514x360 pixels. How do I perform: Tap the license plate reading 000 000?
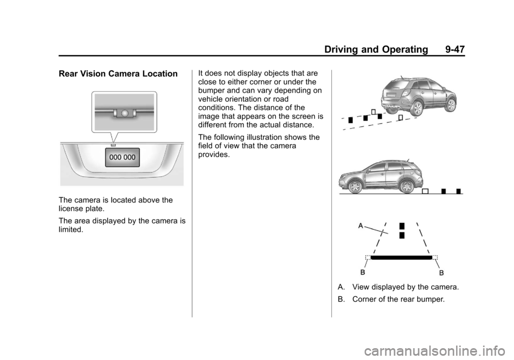coord(122,157)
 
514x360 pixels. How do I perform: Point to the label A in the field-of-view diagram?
coord(361,226)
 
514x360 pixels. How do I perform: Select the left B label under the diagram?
coord(363,273)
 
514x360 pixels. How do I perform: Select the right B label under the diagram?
coord(442,273)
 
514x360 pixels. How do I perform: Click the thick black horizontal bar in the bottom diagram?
coord(401,258)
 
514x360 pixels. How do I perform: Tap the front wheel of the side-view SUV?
coord(356,187)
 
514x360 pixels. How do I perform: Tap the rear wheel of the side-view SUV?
coord(405,186)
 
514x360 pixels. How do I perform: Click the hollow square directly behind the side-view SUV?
coord(425,191)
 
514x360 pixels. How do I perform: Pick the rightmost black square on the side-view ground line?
coord(459,191)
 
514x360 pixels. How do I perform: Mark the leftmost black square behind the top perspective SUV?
coord(350,120)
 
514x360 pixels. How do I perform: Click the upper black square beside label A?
coord(402,225)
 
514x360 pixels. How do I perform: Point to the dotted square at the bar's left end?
coord(368,258)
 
